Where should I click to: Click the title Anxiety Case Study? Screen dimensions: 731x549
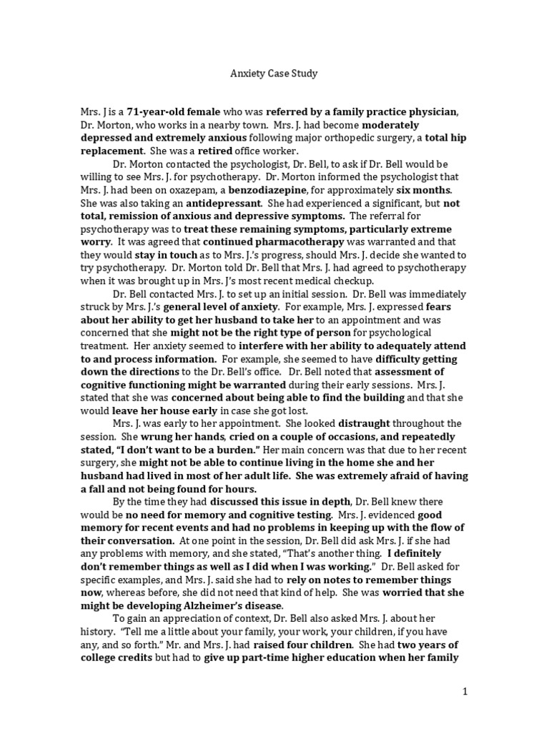(274, 74)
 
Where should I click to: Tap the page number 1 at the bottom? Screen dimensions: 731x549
(464, 691)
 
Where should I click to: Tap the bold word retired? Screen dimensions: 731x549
(216, 151)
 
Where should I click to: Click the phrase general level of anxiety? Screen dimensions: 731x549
(226, 306)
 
